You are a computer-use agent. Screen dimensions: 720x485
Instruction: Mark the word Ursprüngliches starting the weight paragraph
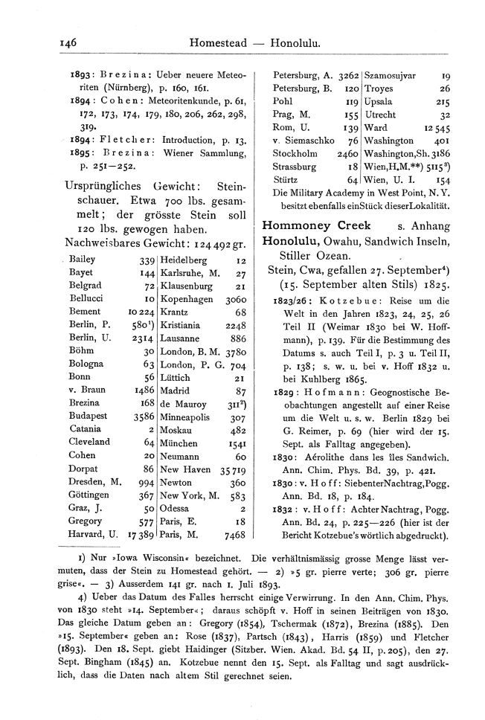(103, 187)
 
